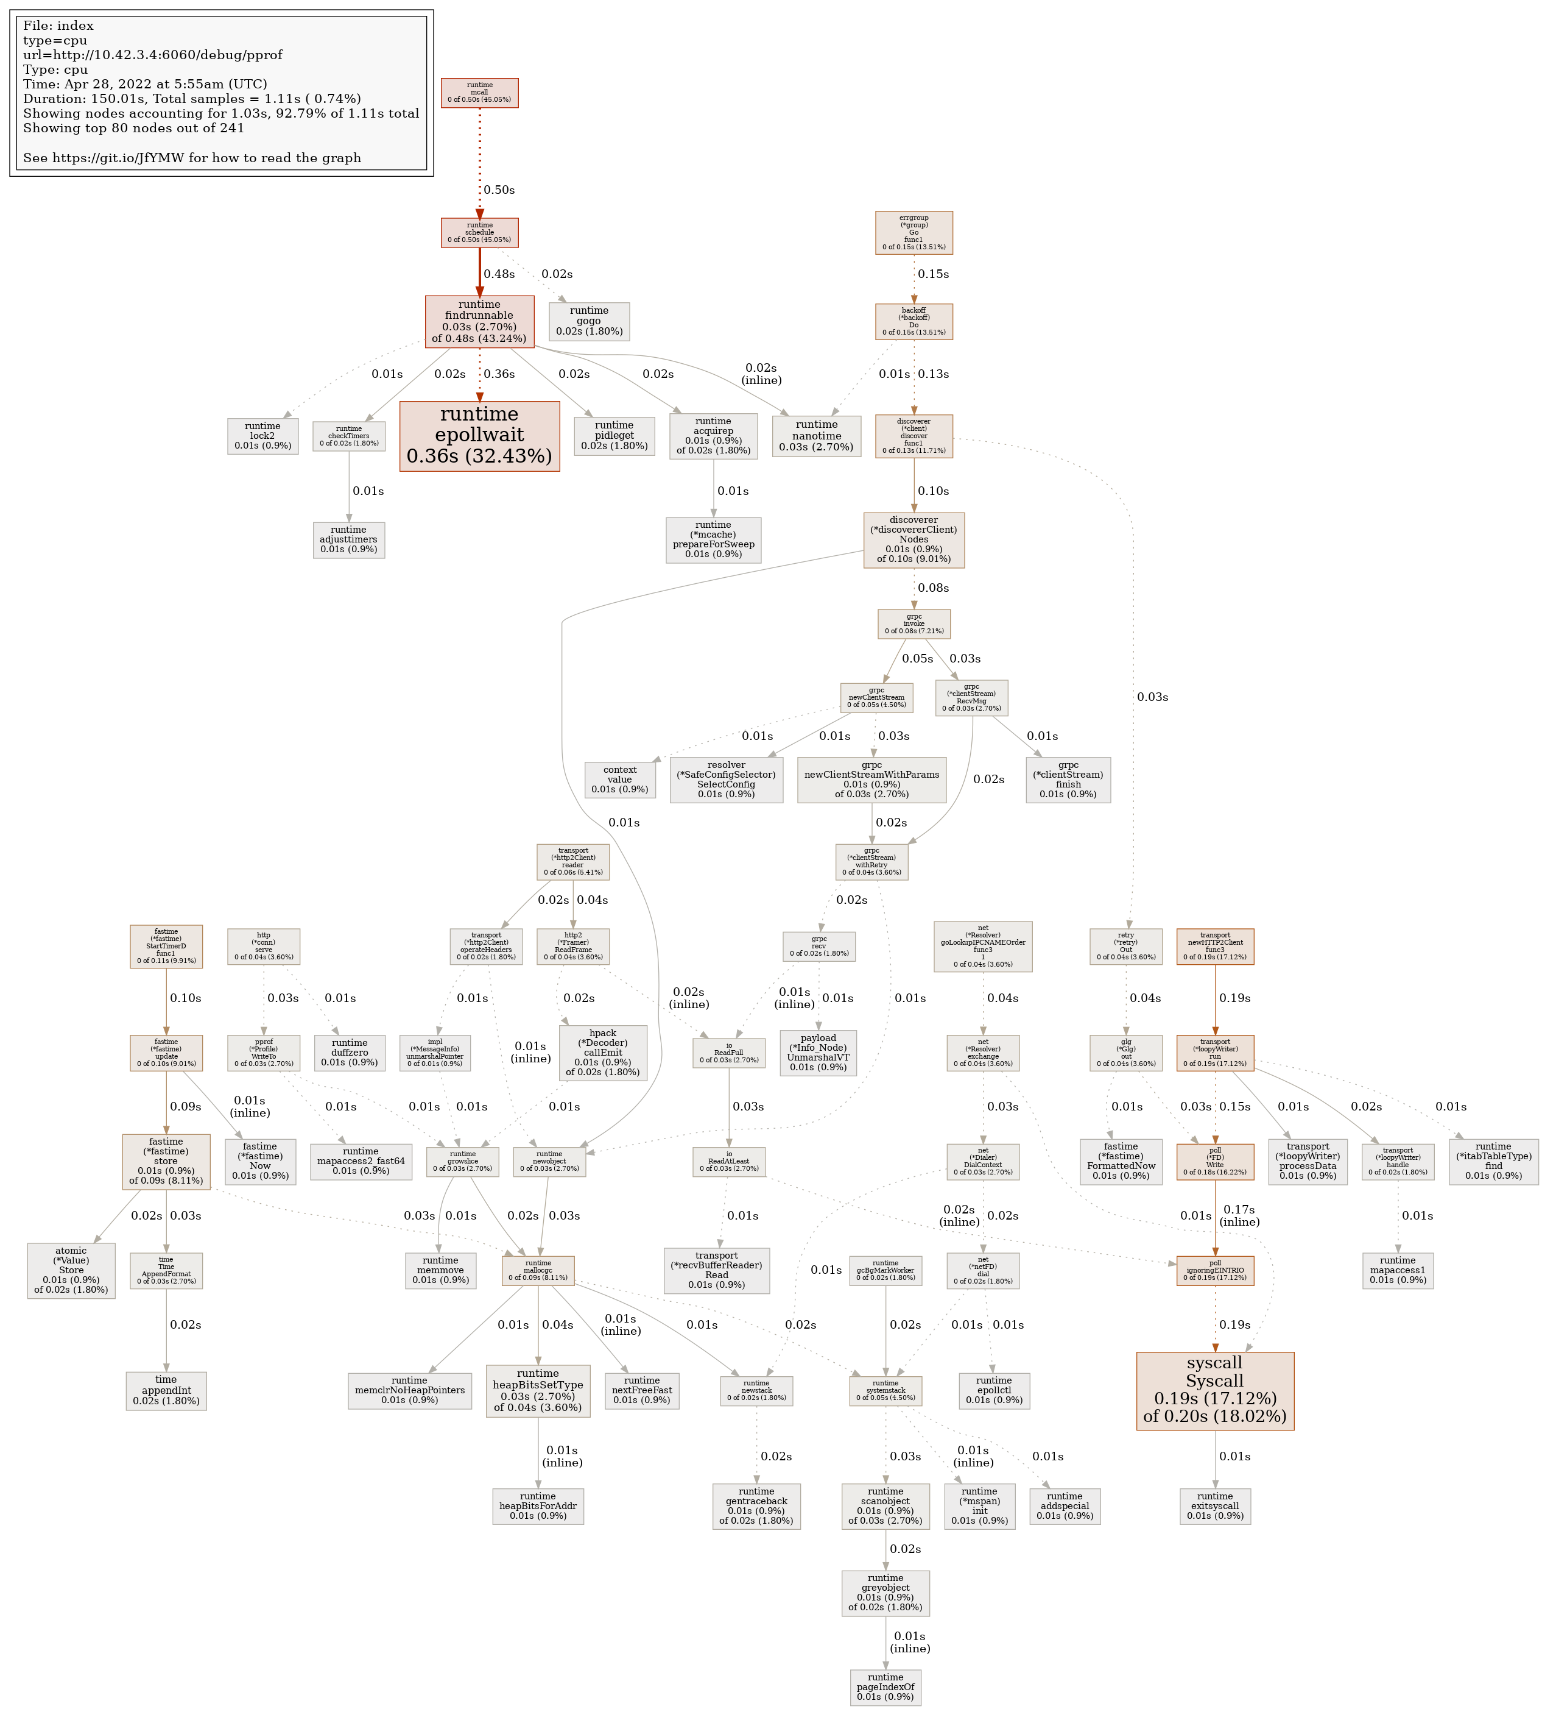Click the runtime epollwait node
[479, 436]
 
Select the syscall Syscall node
[1215, 1390]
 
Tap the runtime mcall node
[479, 93]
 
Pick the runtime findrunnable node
[479, 321]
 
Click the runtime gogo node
[589, 321]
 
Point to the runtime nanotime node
[816, 436]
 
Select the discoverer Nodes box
[914, 539]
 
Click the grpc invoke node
[914, 624]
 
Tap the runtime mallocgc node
[538, 1270]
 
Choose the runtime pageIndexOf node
[885, 1687]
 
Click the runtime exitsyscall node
[1215, 1505]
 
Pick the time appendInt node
[166, 1390]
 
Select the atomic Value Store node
[71, 1270]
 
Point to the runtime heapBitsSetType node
[538, 1390]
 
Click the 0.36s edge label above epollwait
[499, 374]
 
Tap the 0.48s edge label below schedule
[499, 274]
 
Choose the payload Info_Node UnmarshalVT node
[818, 1053]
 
